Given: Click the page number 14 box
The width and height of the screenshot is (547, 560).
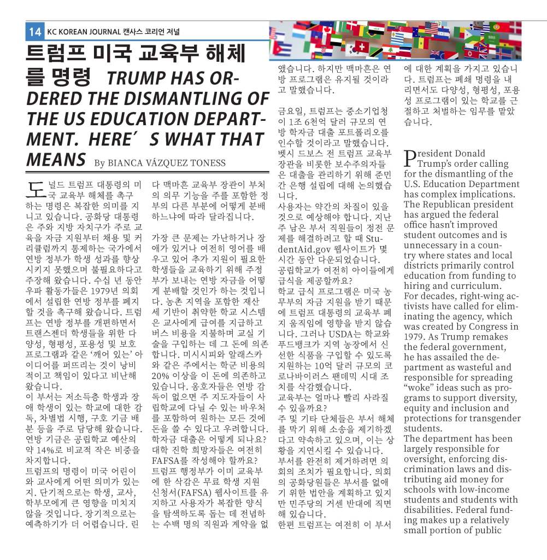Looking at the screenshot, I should pos(35,32).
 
